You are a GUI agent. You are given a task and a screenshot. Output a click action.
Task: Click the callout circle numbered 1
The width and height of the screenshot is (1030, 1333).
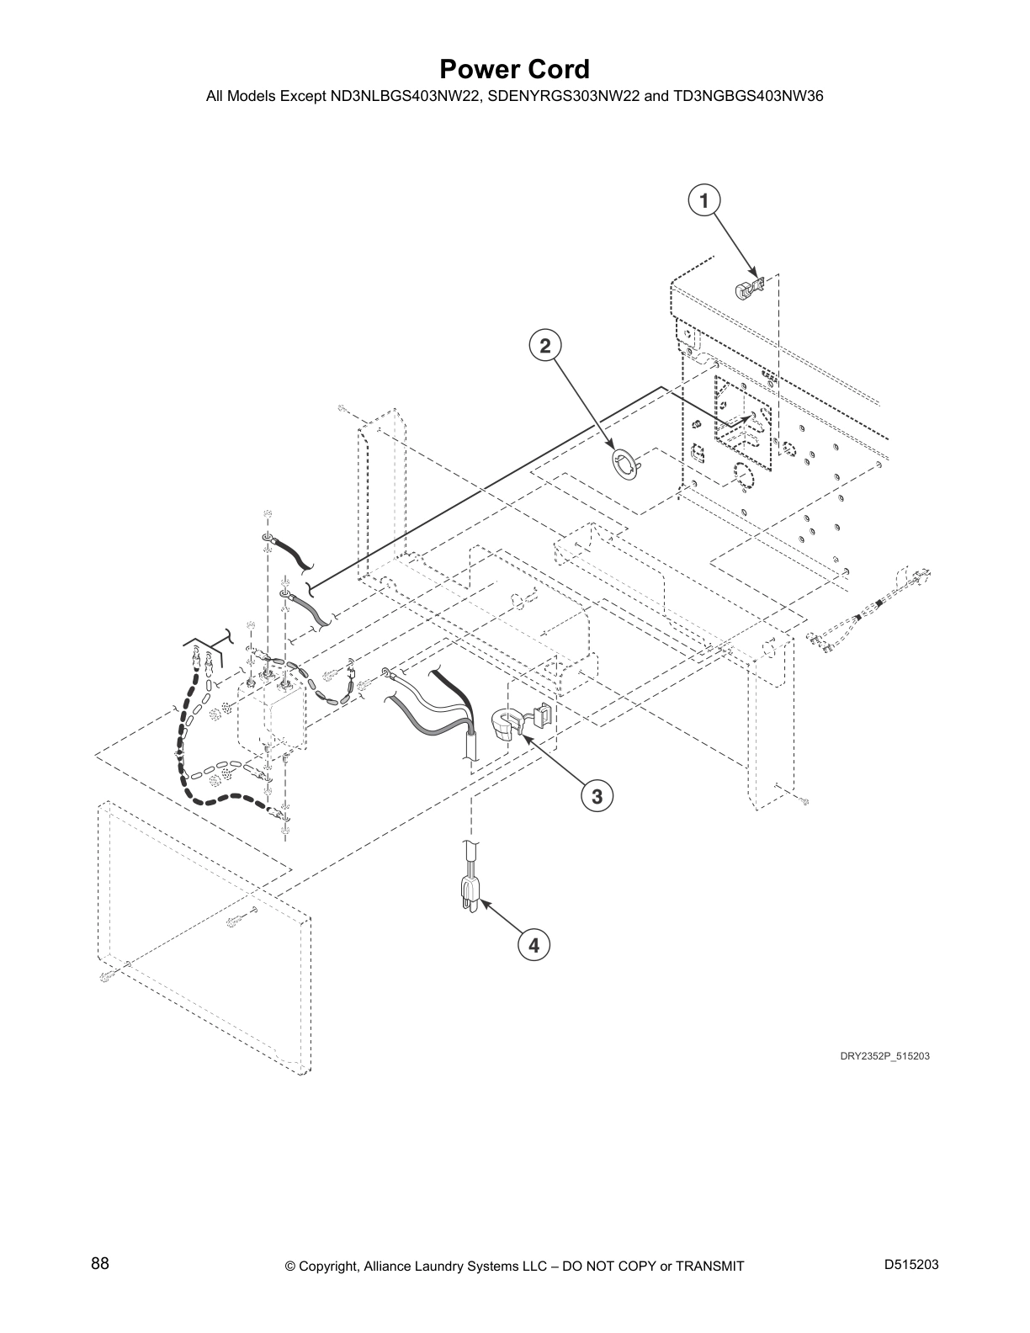tap(703, 201)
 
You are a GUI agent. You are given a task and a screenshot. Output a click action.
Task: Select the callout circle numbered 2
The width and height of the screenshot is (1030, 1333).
tap(545, 345)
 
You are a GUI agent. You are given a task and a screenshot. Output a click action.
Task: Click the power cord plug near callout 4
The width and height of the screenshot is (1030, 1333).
tap(469, 894)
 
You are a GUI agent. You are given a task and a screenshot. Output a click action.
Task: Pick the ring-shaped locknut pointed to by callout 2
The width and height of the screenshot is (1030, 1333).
tap(625, 464)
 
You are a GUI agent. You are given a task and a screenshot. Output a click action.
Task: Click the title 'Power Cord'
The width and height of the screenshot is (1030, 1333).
tap(514, 69)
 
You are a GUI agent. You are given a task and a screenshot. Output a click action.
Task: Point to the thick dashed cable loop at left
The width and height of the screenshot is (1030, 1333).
tap(186, 757)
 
